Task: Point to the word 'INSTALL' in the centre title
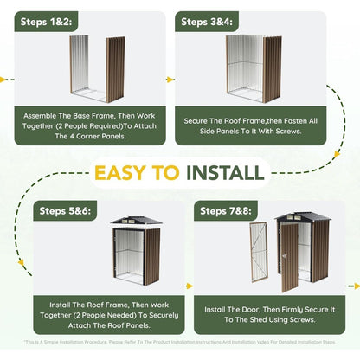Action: click(x=227, y=171)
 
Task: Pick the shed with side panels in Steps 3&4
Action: click(x=253, y=67)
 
